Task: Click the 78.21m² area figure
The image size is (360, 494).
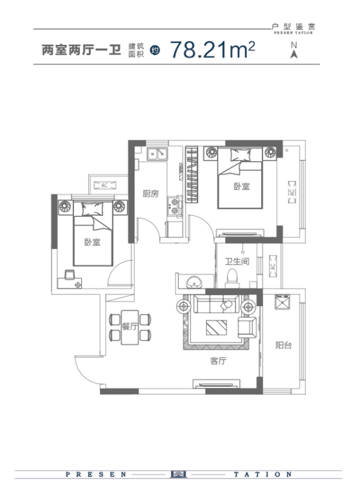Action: coord(212,50)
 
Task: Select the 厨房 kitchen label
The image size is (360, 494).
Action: coord(151,194)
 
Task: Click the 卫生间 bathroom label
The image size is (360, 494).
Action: coord(237,261)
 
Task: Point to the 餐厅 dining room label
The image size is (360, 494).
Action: coord(130,326)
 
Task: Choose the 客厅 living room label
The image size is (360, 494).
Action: coord(218,361)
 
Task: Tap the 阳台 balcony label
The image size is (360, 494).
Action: coord(283,345)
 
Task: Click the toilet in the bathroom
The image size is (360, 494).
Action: coord(233,278)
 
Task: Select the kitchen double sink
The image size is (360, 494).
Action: coord(157,154)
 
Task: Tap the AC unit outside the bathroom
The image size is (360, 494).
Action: coord(272,266)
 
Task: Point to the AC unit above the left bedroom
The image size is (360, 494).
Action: coord(105,185)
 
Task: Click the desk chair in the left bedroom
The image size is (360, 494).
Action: coord(70,275)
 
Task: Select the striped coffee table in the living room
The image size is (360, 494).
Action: coord(216,328)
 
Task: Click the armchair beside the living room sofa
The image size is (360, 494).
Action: coord(247,328)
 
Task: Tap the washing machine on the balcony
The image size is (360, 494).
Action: coord(282,302)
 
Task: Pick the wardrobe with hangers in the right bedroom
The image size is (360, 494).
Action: coord(192,174)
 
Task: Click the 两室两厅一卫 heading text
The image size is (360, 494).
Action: coord(82,50)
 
